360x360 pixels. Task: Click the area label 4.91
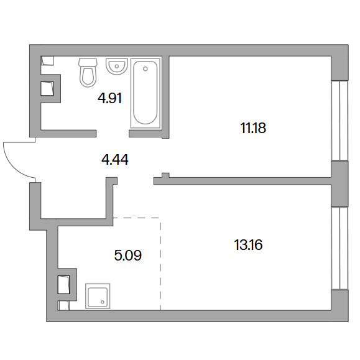(x=110, y=98)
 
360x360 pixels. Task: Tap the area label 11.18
(x=253, y=128)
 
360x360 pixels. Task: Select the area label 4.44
(x=115, y=160)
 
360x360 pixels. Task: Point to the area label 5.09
(x=128, y=255)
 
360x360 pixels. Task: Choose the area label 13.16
(x=248, y=245)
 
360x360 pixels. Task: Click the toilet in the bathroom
(x=88, y=72)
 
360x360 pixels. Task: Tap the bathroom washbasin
(x=117, y=67)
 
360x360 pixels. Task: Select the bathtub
(x=145, y=93)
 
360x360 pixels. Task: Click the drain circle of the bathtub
(x=145, y=68)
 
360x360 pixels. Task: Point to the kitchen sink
(x=98, y=296)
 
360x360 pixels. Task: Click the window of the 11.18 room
(x=340, y=120)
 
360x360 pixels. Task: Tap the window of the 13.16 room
(x=340, y=249)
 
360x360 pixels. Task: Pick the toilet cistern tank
(x=88, y=62)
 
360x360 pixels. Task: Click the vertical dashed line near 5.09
(x=160, y=264)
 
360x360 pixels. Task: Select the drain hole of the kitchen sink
(x=103, y=302)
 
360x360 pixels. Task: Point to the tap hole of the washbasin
(x=117, y=67)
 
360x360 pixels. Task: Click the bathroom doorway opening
(x=113, y=134)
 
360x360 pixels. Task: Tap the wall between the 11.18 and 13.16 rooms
(x=242, y=181)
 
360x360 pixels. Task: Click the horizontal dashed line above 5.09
(x=137, y=218)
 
